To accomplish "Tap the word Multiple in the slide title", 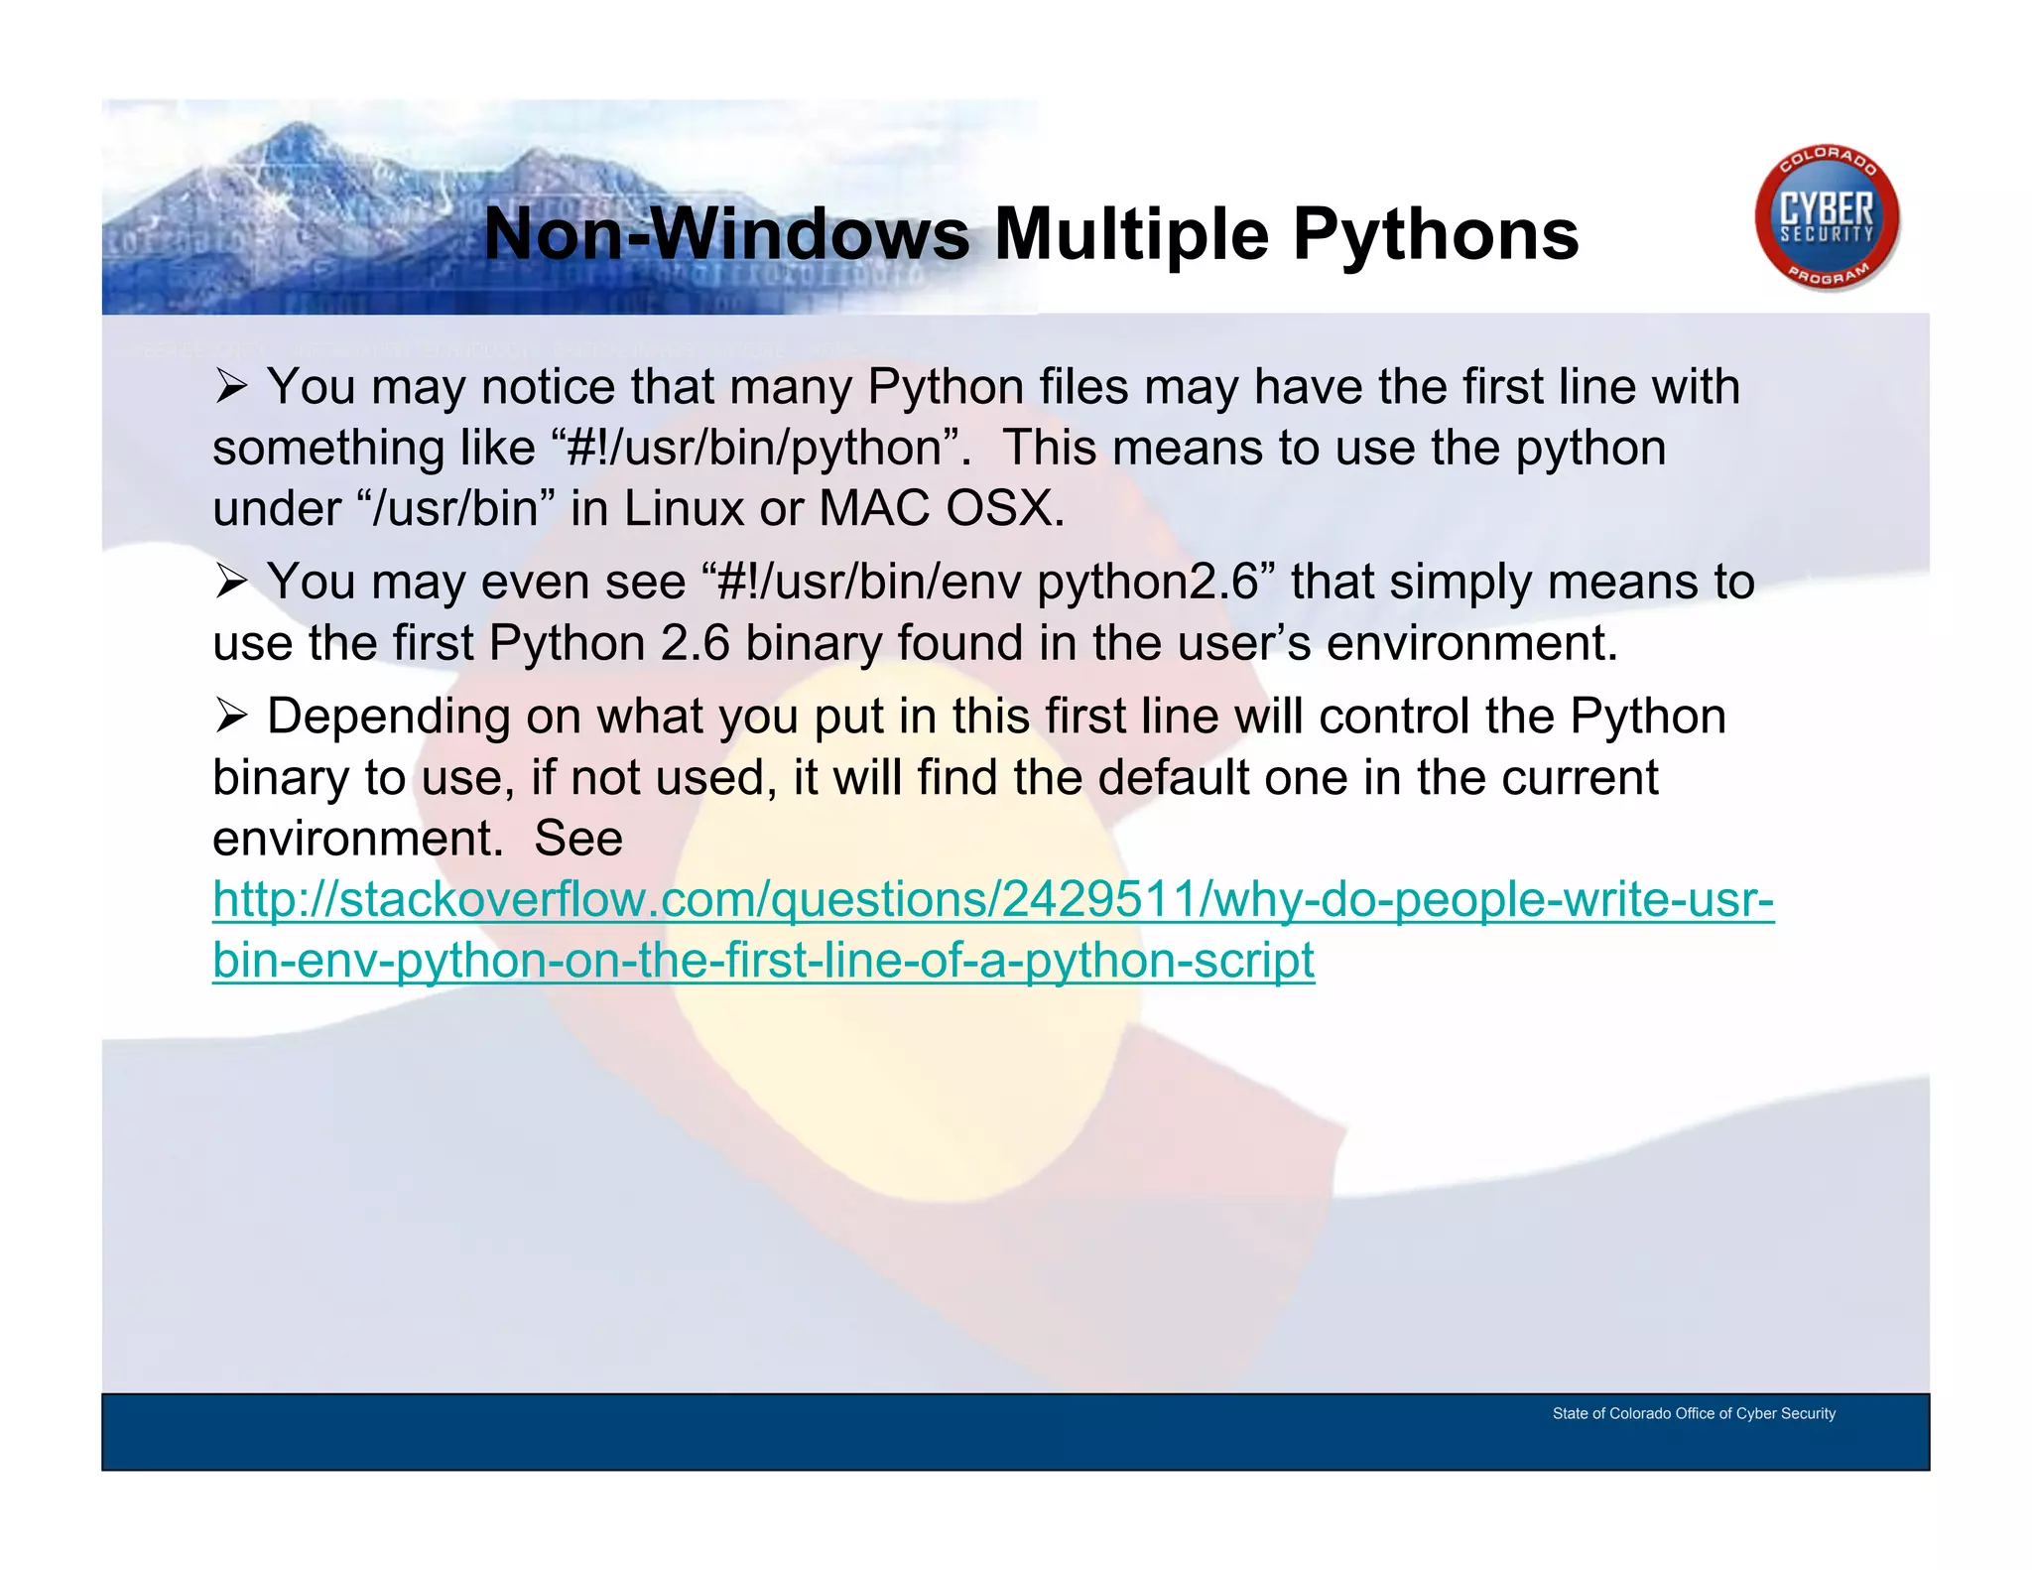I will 1131,235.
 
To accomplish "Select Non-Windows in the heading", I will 726,235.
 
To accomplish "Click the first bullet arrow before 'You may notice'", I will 230,387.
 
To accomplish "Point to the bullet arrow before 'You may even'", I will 230,583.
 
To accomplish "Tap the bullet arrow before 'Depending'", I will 230,717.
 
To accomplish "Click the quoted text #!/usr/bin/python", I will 753,449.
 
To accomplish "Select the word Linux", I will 684,509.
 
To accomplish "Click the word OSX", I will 1003,509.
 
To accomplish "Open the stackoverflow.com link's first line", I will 992,900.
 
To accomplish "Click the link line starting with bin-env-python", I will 763,961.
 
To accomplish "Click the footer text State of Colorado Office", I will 1693,1413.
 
